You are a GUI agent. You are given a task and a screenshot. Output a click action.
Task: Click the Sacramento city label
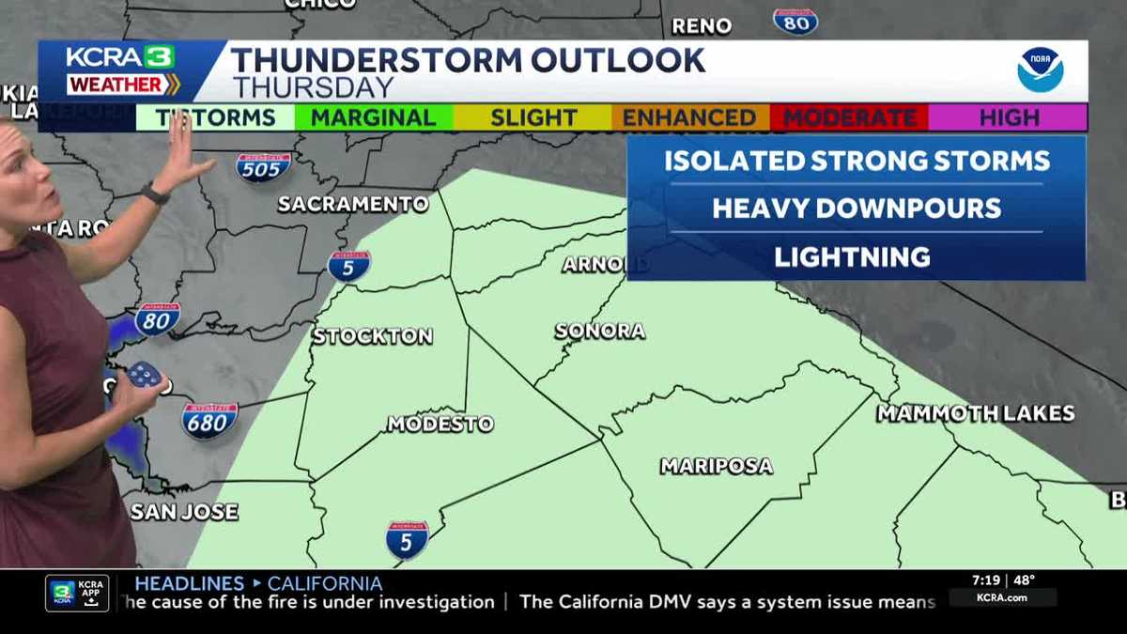[x=353, y=204]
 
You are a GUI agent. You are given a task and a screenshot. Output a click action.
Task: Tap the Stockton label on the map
[x=373, y=336]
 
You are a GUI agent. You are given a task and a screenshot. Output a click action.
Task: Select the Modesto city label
[x=440, y=425]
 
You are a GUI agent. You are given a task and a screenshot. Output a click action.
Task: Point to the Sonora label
[x=600, y=332]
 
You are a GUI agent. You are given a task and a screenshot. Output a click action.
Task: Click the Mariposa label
[x=717, y=466]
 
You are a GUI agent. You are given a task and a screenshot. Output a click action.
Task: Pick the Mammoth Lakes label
[x=976, y=413]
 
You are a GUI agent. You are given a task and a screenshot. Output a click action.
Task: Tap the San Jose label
[x=184, y=513]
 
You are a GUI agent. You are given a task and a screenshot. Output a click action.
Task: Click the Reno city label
[x=702, y=26]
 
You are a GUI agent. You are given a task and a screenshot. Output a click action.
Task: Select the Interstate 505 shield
[x=262, y=166]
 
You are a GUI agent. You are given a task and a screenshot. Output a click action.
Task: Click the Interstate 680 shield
[x=208, y=420]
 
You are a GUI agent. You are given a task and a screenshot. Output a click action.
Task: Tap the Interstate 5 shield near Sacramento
[x=348, y=266]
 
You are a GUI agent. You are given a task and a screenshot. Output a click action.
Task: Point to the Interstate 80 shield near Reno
[x=795, y=21]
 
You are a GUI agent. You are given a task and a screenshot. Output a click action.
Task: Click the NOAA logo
[x=1041, y=70]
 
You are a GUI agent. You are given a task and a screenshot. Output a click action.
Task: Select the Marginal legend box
[x=374, y=118]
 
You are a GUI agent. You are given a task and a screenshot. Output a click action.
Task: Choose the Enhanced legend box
[x=690, y=118]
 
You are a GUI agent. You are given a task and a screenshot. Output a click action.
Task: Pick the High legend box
[x=1009, y=118]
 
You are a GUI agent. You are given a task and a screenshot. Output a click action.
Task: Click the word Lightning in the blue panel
[x=853, y=257]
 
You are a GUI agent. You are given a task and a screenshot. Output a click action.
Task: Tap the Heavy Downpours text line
[x=857, y=209]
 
